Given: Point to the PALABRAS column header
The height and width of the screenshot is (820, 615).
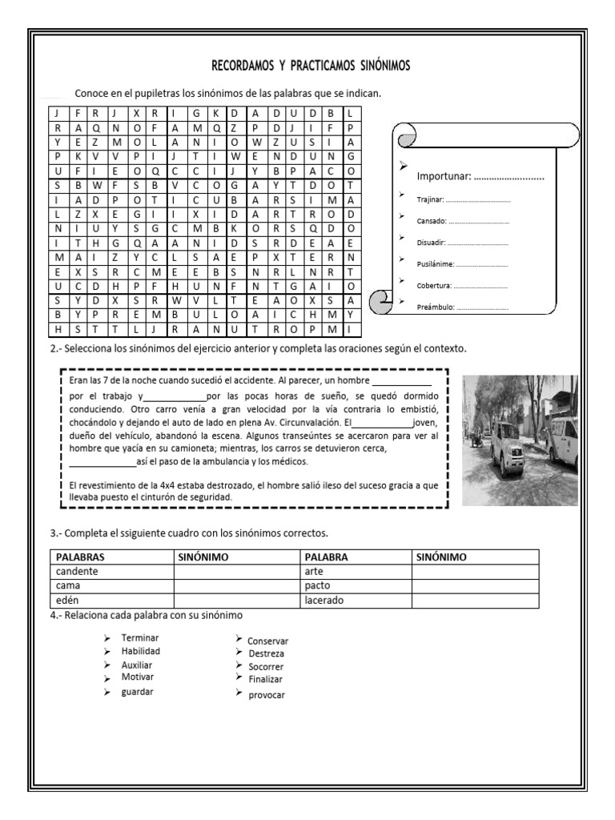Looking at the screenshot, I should [x=81, y=557].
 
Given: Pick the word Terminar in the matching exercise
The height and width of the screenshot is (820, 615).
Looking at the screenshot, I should [x=139, y=638].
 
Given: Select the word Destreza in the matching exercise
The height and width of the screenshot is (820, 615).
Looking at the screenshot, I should [x=266, y=653].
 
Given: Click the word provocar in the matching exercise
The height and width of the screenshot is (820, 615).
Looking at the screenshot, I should [x=266, y=694].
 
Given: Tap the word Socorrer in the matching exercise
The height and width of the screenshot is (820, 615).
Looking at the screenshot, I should [x=266, y=666].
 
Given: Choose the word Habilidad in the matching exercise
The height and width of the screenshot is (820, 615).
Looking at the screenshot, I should [x=141, y=651].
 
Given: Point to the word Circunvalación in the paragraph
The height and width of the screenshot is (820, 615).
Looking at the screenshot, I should [x=299, y=422].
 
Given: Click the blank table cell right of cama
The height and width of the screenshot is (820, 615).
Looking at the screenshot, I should [x=233, y=585].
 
